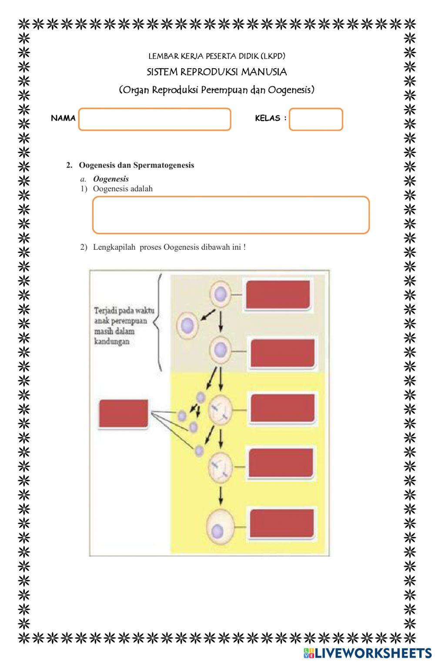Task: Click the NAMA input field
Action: pos(154,119)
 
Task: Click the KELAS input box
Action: pos(316,119)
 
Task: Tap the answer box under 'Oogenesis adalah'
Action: pos(231,215)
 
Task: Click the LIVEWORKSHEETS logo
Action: pos(368,652)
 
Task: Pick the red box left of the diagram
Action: pos(124,413)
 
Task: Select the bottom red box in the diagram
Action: pos(281,523)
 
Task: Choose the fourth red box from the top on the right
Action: pos(281,463)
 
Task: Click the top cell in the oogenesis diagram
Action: pos(221,294)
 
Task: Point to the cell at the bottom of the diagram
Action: pos(220,526)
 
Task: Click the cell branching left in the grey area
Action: pos(187,325)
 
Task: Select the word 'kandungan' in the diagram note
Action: pos(112,341)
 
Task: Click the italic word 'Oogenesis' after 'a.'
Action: pos(111,179)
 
